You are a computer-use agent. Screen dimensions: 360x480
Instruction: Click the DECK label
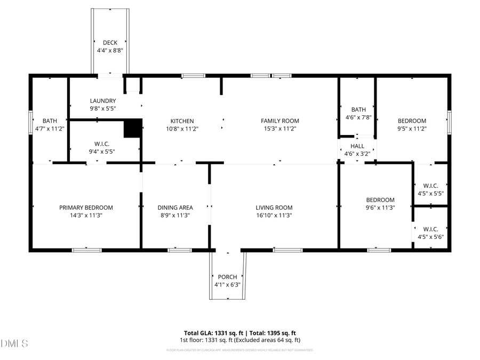pyautogui.click(x=110, y=43)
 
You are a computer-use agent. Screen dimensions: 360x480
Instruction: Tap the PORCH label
pyautogui.click(x=227, y=277)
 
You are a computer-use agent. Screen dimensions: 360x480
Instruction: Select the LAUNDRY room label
pyautogui.click(x=103, y=101)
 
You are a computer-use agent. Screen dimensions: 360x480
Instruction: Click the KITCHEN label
pyautogui.click(x=182, y=121)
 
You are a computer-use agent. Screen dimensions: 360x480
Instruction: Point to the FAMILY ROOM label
pyautogui.click(x=279, y=121)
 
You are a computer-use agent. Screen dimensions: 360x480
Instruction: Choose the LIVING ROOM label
pyautogui.click(x=274, y=207)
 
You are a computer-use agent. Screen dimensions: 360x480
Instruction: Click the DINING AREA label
pyautogui.click(x=175, y=207)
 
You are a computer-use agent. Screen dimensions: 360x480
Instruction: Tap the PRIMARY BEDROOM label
pyautogui.click(x=86, y=207)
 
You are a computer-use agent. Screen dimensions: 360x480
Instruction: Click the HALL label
pyautogui.click(x=357, y=146)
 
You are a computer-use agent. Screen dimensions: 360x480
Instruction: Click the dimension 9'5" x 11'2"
pyautogui.click(x=412, y=129)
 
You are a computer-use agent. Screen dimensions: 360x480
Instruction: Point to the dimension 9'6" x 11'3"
pyautogui.click(x=380, y=207)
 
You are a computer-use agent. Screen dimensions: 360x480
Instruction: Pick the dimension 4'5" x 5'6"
pyautogui.click(x=430, y=237)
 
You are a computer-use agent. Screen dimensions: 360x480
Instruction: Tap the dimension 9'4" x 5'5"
pyautogui.click(x=101, y=151)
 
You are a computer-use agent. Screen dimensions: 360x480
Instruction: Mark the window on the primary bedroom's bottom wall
pyautogui.click(x=86, y=250)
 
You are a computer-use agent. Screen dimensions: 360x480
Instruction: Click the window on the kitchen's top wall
pyautogui.click(x=193, y=76)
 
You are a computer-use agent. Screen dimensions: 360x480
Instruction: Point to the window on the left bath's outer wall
pyautogui.click(x=30, y=121)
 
